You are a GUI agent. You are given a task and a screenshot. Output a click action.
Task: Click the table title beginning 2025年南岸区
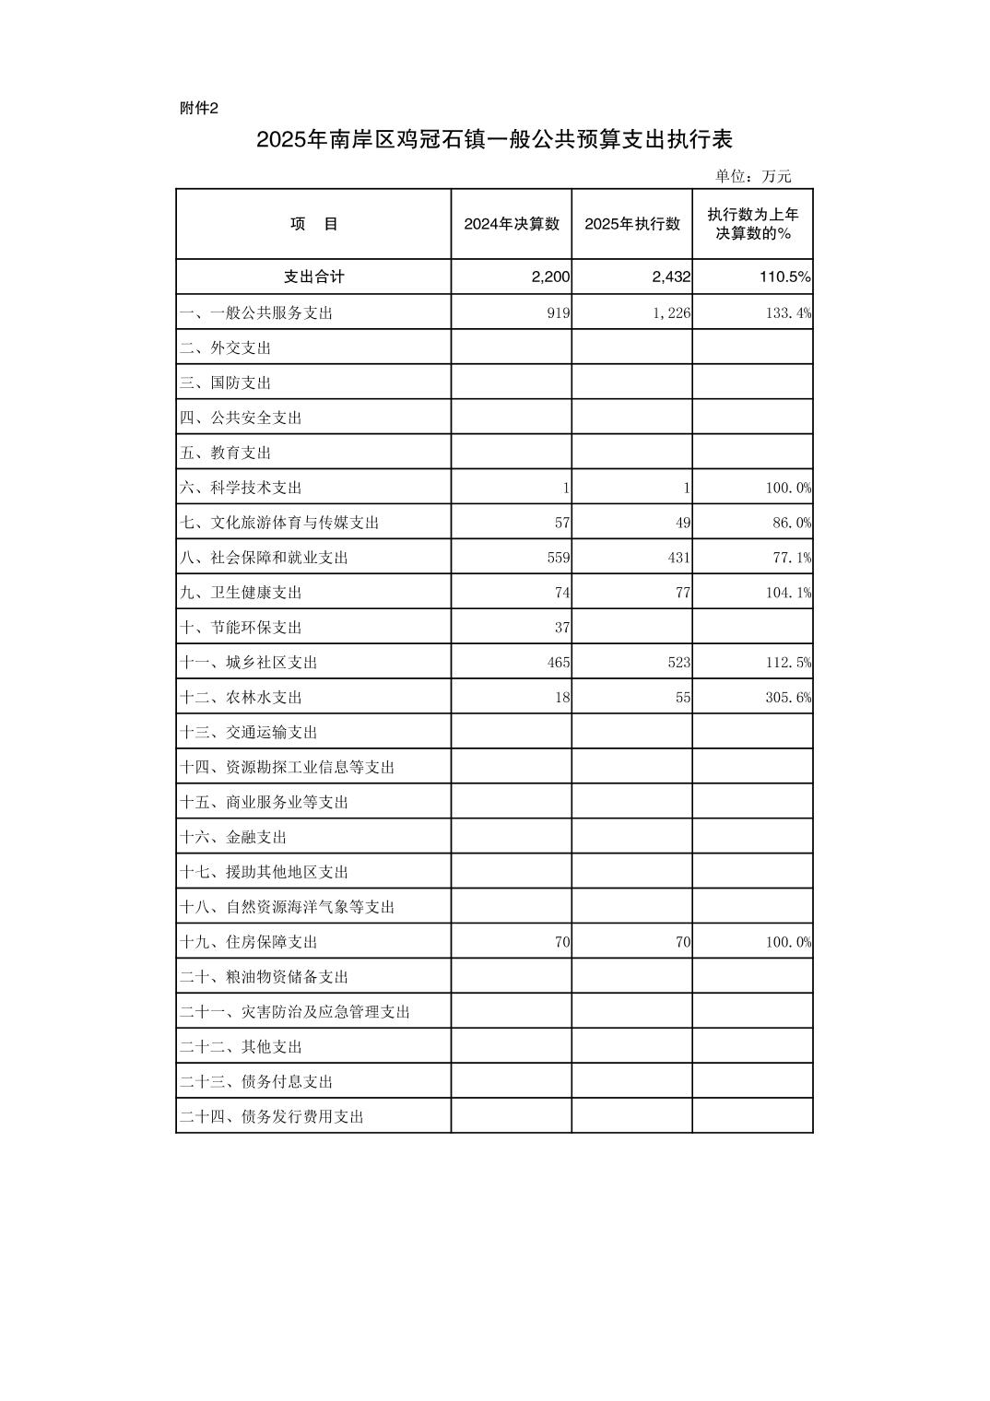494,140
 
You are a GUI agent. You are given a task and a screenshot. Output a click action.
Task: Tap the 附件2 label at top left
199,109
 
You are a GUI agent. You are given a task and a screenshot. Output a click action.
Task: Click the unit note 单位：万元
753,176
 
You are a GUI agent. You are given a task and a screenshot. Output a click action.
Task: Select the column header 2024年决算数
512,224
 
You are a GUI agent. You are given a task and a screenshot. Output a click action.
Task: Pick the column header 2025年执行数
632,224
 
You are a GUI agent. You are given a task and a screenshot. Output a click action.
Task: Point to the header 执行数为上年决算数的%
753,224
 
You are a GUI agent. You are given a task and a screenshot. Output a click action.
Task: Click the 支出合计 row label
313,277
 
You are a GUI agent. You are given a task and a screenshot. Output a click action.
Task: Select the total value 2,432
671,277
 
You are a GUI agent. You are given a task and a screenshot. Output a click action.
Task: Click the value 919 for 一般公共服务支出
559,312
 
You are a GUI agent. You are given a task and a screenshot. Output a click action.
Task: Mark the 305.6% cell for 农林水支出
788,698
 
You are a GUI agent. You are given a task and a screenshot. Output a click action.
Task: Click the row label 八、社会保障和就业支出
264,558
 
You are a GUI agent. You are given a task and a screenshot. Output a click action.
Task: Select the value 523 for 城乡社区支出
679,663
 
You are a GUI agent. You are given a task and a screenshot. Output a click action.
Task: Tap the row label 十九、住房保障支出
248,942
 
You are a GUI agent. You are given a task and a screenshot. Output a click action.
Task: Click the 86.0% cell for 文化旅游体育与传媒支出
792,523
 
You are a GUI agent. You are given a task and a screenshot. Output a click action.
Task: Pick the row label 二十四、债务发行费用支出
272,1117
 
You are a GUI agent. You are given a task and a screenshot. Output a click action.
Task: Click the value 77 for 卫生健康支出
683,593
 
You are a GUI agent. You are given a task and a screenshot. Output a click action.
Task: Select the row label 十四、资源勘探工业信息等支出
287,767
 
